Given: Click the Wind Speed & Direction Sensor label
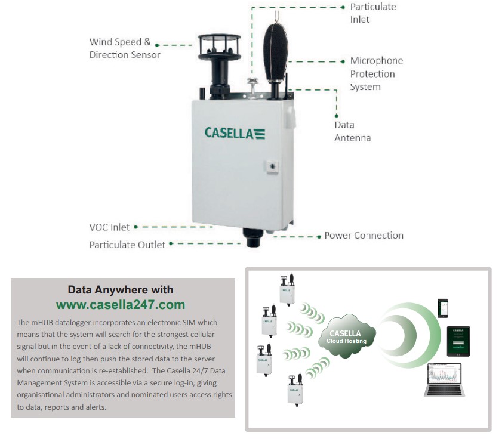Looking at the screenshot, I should (x=125, y=48).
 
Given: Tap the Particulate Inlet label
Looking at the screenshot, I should (x=372, y=13).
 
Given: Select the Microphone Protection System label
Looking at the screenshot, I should (x=376, y=73).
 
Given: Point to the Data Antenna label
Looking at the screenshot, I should (x=352, y=131).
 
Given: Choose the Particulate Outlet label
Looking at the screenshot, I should (x=127, y=244).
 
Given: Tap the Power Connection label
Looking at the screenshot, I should (x=364, y=235).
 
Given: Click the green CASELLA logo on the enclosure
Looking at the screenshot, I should (x=235, y=132).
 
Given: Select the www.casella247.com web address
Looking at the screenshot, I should (x=121, y=305).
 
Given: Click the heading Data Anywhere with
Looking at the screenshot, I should (x=121, y=290).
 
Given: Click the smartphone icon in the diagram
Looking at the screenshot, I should (x=444, y=307).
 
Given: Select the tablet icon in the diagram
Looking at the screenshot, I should (x=458, y=341).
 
